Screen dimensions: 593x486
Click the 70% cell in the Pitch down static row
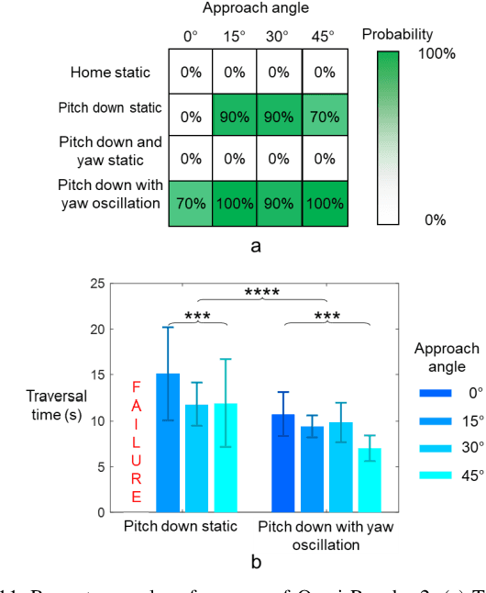[324, 116]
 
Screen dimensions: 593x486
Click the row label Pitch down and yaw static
[110, 151]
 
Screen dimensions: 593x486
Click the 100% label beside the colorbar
[436, 53]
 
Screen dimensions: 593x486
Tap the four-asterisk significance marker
[262, 294]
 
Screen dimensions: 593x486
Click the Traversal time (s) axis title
[56, 405]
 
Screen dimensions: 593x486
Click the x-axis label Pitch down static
[182, 527]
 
